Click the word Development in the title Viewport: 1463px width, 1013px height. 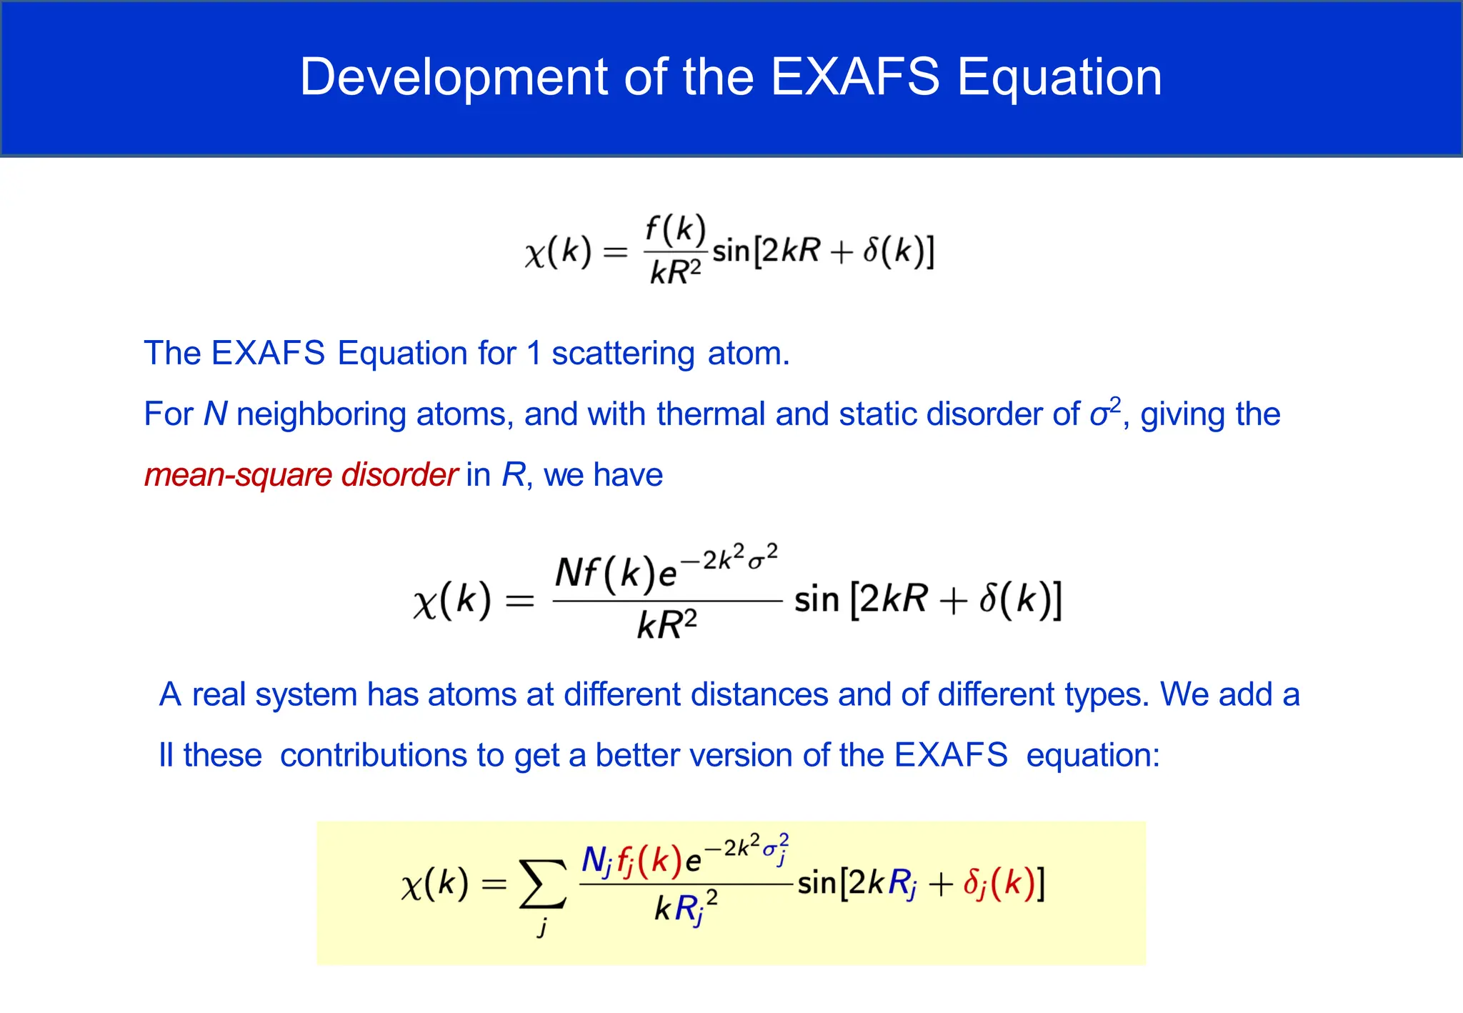click(x=454, y=77)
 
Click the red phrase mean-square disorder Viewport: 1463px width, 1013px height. click(x=300, y=475)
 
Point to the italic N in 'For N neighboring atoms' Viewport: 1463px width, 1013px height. click(x=215, y=414)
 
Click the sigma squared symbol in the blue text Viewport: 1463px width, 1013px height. click(x=1104, y=412)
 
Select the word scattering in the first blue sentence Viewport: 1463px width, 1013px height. click(x=622, y=354)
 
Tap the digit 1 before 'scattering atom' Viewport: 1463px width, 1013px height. click(x=533, y=354)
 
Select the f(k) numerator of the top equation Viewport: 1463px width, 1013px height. click(x=675, y=229)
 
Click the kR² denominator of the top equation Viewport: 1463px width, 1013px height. click(x=675, y=271)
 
